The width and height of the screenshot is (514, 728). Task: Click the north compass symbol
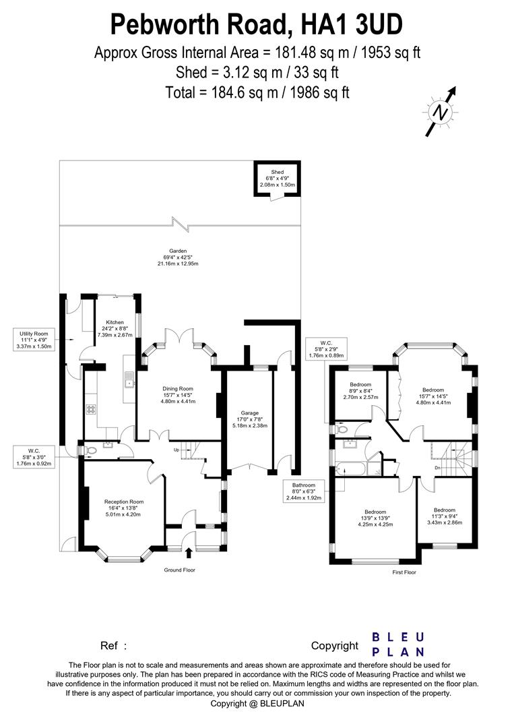tap(441, 113)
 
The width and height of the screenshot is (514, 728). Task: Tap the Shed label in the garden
tap(278, 173)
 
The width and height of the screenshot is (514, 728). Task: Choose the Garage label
tap(249, 413)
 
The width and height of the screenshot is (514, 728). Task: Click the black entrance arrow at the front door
tap(188, 553)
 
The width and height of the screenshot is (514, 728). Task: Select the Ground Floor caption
tap(181, 570)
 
